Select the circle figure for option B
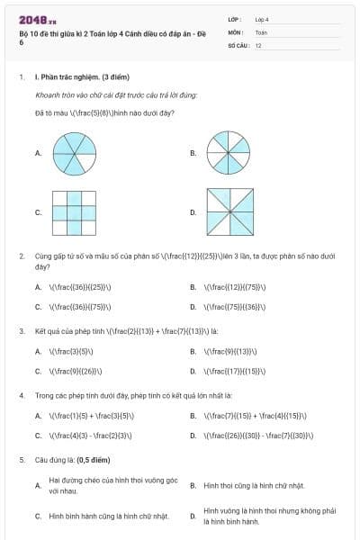click(x=229, y=153)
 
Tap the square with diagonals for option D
click(x=229, y=212)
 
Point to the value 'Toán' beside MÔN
click(x=261, y=31)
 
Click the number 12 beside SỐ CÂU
click(x=258, y=44)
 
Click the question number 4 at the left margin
click(x=21, y=395)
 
